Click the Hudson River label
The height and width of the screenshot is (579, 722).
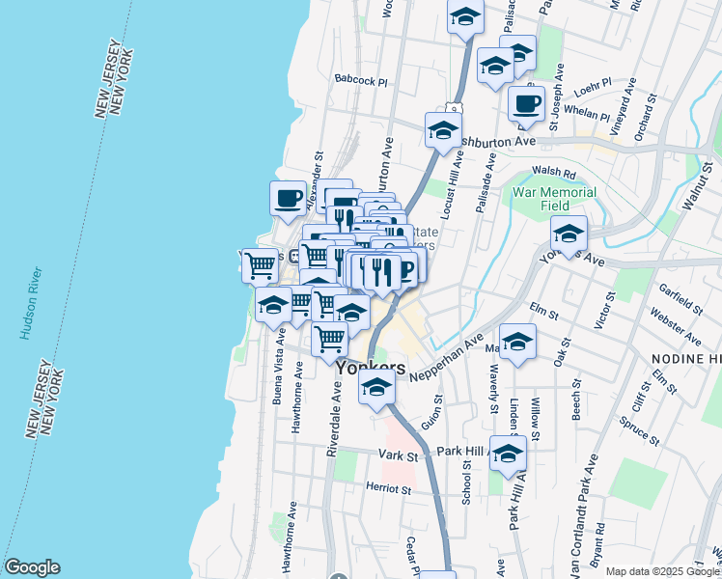tap(25, 304)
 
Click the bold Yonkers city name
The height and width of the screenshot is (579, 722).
tap(371, 368)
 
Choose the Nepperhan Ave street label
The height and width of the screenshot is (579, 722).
tap(446, 358)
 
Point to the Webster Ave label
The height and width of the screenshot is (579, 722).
tap(676, 326)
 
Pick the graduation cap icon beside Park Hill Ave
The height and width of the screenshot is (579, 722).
tap(507, 454)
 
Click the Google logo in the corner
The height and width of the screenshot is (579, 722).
tap(32, 567)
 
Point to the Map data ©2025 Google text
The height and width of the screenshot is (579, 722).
tap(663, 571)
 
